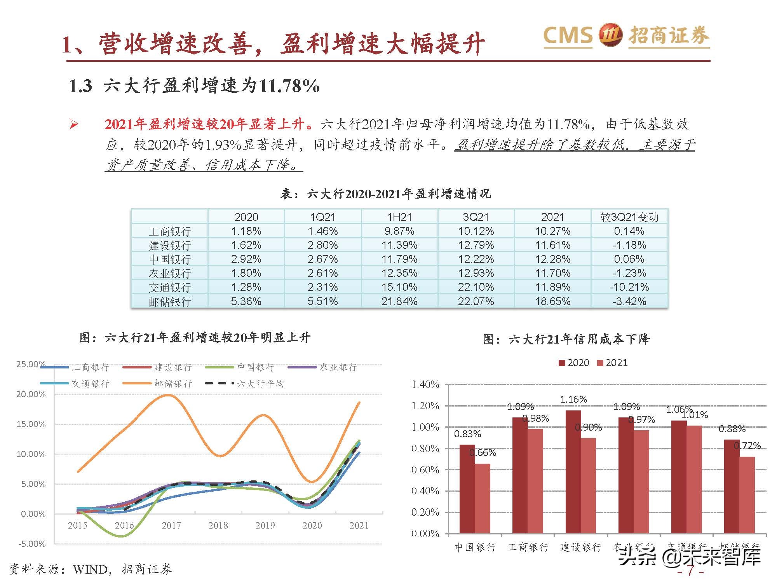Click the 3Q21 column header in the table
coord(476,217)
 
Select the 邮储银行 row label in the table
coord(170,302)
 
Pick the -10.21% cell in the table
coord(629,287)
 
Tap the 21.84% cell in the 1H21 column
coord(399,301)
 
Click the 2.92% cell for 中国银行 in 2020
coord(246,259)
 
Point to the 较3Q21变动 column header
coord(629,217)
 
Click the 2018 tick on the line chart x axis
coord(218,525)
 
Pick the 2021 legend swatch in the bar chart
coord(600,363)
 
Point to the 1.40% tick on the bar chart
coord(425,385)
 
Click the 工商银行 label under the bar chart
coord(528,547)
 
